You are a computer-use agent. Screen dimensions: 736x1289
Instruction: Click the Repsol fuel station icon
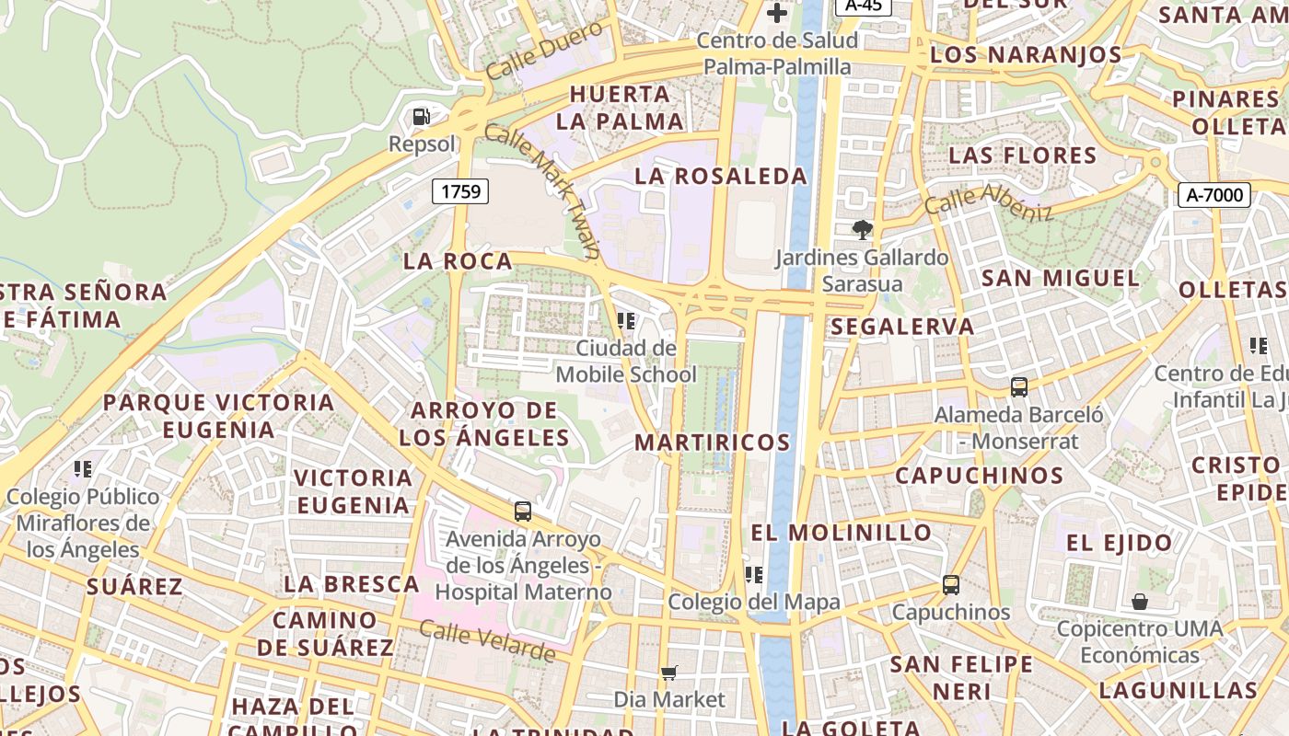click(x=421, y=117)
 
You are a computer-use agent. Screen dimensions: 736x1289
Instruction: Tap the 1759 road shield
click(x=460, y=191)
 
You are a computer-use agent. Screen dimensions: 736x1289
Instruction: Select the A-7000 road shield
click(x=1214, y=194)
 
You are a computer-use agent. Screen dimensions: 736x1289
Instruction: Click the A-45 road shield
click(x=863, y=5)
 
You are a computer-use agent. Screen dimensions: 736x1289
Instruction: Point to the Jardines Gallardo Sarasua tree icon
click(x=862, y=229)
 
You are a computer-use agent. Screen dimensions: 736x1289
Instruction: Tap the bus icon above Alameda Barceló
click(x=1018, y=386)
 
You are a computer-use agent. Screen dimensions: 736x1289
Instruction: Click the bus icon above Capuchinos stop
click(x=950, y=584)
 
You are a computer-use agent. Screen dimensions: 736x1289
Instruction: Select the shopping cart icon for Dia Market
click(x=669, y=673)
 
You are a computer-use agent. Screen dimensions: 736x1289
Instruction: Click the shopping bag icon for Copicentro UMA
click(x=1140, y=602)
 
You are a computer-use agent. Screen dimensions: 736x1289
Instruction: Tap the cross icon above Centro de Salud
click(x=777, y=13)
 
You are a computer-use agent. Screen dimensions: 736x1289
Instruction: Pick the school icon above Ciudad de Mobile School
click(x=626, y=320)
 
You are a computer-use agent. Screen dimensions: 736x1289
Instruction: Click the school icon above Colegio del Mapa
click(x=754, y=575)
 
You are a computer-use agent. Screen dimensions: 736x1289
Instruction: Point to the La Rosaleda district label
click(x=721, y=176)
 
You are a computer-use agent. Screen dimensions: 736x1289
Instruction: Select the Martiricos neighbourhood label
click(x=713, y=443)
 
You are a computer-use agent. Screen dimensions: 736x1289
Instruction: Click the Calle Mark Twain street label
click(x=543, y=190)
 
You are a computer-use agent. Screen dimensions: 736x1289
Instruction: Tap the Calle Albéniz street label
click(x=988, y=201)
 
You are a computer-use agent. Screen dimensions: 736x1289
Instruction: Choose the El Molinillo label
click(x=842, y=533)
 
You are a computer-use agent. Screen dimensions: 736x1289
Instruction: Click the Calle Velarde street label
click(x=487, y=641)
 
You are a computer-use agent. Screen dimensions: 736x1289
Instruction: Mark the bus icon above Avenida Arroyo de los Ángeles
click(x=523, y=512)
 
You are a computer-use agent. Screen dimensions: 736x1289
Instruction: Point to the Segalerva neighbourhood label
click(x=902, y=327)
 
